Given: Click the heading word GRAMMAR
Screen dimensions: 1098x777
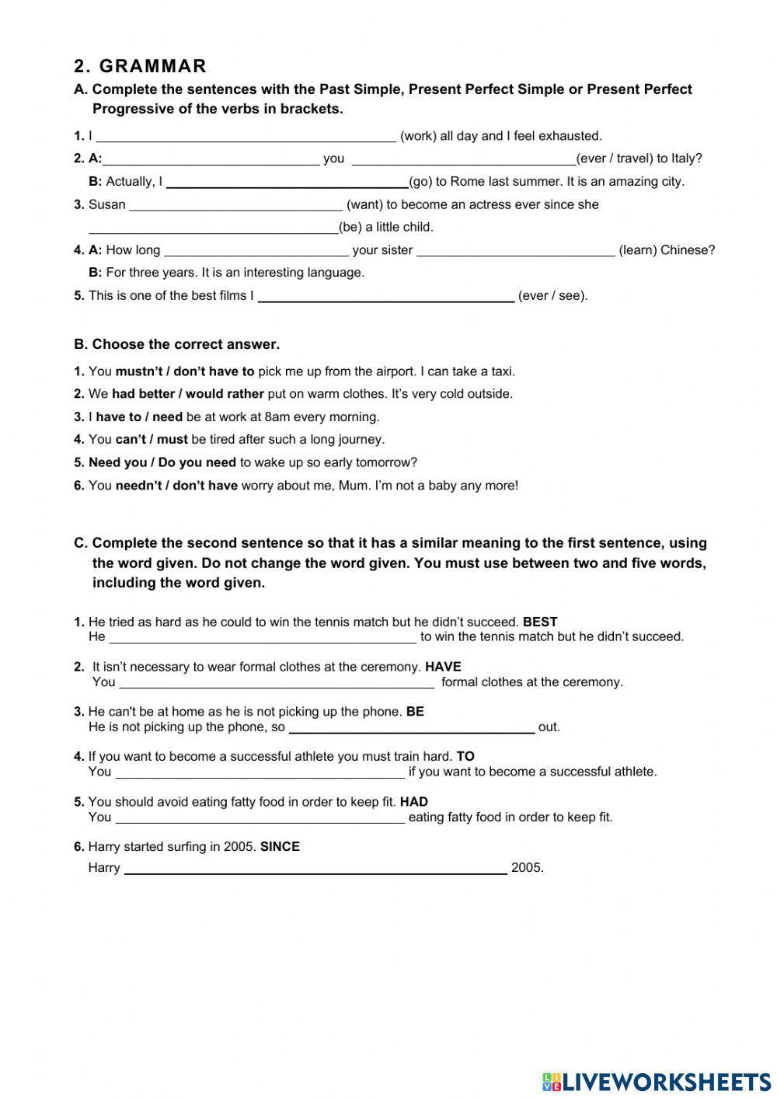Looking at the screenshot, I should point(153,66).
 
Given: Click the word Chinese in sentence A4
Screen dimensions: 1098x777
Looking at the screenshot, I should point(686,250).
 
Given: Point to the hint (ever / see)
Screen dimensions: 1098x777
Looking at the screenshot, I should point(552,296).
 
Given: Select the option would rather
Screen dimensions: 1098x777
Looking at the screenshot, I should point(225,394).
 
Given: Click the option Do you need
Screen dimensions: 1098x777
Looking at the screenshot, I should point(197,463).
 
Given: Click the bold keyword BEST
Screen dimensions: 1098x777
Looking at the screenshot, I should point(540,622).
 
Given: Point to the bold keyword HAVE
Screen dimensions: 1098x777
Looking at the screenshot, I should point(443,667).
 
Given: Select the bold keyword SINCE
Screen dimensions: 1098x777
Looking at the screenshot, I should point(280,847).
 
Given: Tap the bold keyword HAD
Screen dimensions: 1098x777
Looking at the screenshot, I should point(414,802).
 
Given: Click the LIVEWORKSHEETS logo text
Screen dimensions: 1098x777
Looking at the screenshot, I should point(666,1081).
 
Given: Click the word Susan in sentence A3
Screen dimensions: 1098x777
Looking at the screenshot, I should point(107,205).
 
